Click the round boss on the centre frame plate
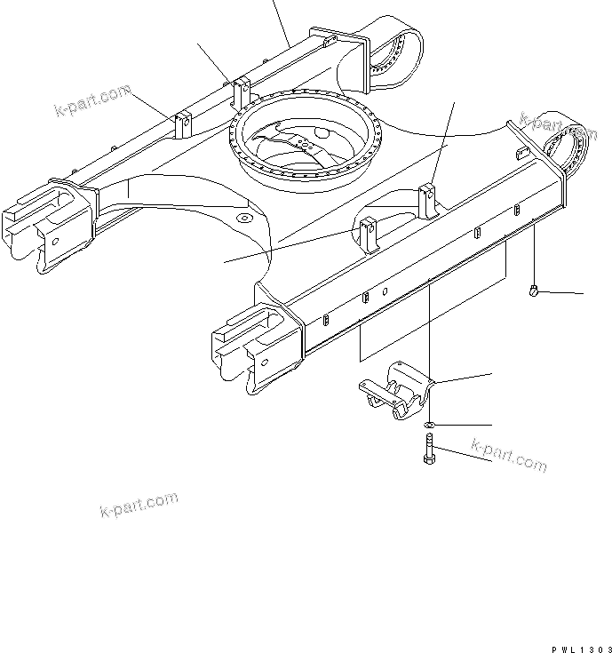click(x=245, y=217)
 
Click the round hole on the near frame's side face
click(x=385, y=291)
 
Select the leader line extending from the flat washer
click(x=462, y=426)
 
